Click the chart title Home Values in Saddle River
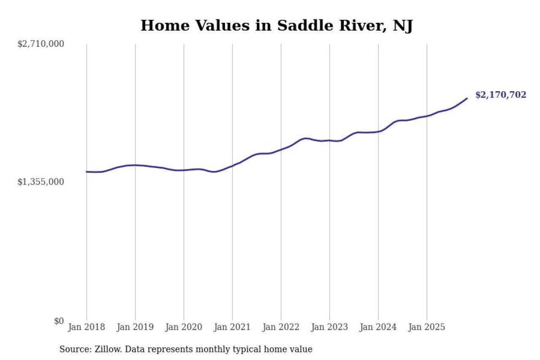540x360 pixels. click(x=276, y=26)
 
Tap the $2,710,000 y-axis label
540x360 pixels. click(x=40, y=44)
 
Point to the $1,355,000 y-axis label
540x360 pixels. click(x=40, y=182)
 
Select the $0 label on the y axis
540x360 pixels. click(x=59, y=321)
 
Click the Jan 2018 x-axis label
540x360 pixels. click(x=86, y=327)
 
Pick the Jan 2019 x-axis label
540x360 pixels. click(x=135, y=327)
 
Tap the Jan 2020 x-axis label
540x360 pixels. click(x=184, y=327)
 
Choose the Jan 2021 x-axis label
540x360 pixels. click(x=232, y=327)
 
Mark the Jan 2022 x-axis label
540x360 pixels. click(x=281, y=327)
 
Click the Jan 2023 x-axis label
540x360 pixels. click(x=329, y=327)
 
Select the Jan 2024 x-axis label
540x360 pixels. click(x=378, y=327)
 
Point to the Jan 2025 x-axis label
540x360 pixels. click(x=427, y=327)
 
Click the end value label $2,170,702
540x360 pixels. click(x=501, y=95)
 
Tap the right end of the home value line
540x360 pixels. click(x=467, y=98)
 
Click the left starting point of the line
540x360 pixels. click(x=86, y=172)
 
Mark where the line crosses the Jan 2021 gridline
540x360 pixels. click(x=232, y=165)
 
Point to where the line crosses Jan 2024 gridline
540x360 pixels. click(x=378, y=131)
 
